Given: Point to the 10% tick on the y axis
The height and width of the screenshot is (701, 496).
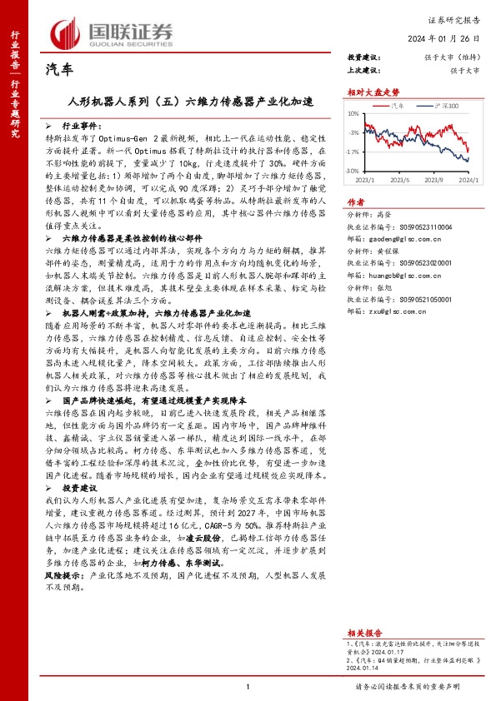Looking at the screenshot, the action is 353,113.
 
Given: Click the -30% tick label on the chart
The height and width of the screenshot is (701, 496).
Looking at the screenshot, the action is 353,171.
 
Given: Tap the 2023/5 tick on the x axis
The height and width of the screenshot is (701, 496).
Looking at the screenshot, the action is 400,179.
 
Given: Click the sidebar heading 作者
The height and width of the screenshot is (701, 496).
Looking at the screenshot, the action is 355,202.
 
